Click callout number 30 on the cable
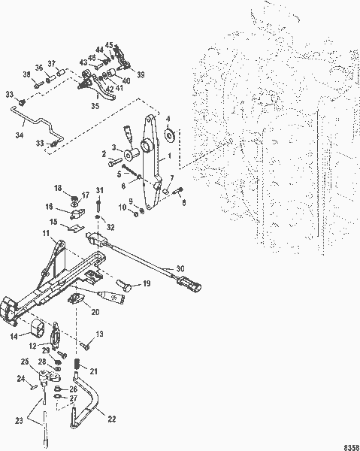[x=179, y=268]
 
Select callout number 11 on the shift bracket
[x=46, y=235]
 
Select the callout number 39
[x=141, y=75]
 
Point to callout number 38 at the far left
[x=26, y=74]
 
